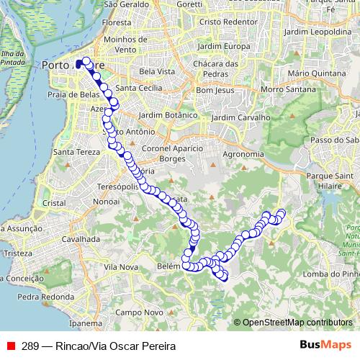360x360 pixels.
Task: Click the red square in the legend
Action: [11, 346]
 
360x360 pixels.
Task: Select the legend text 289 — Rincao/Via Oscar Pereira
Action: [99, 346]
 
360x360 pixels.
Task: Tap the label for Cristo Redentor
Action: [230, 22]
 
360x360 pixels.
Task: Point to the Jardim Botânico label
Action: [168, 115]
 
